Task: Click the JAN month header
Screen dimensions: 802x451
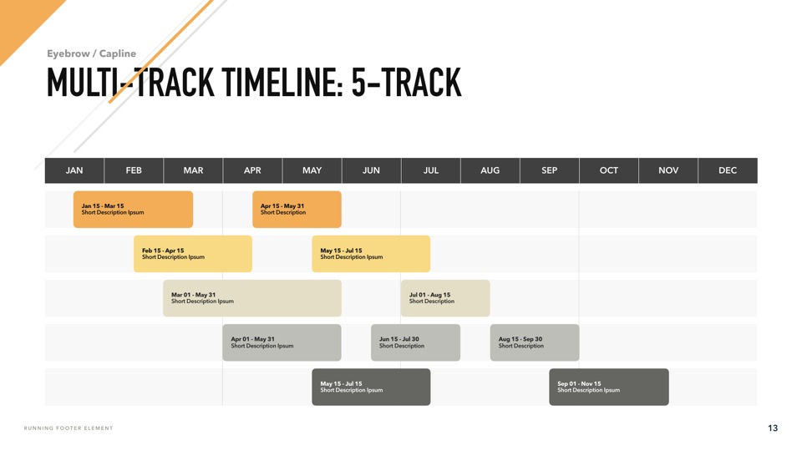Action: [74, 170]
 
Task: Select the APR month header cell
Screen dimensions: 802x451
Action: [252, 170]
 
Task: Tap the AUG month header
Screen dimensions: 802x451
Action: [490, 170]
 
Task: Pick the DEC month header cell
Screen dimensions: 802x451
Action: [728, 170]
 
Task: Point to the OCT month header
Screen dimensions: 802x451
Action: [609, 170]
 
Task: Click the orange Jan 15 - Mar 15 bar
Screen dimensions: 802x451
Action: [133, 209]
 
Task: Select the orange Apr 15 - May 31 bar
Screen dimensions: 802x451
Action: [297, 209]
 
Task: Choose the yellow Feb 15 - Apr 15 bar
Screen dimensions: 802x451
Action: [193, 254]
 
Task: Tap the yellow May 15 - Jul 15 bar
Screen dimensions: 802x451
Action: [371, 254]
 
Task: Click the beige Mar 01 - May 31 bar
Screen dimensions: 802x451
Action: [252, 298]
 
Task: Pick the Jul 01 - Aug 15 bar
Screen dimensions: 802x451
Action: [445, 298]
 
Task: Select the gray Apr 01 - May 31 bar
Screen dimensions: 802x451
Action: [282, 342]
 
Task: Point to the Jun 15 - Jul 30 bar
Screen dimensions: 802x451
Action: [415, 342]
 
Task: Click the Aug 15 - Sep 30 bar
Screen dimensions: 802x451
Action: [535, 342]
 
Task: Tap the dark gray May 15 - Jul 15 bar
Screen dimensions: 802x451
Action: [371, 387]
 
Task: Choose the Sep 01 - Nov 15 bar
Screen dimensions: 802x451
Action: [609, 387]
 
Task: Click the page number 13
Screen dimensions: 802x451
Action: [772, 428]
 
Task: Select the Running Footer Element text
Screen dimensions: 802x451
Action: [69, 428]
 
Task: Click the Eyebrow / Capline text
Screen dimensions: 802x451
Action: [92, 53]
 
